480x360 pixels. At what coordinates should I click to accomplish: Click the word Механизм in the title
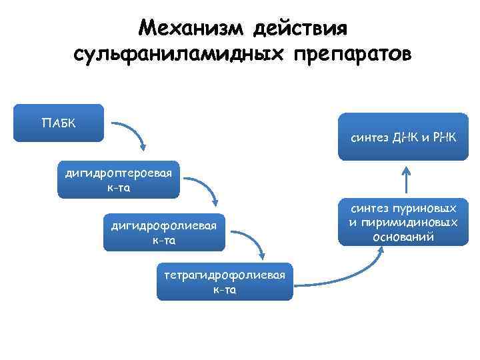point(189,29)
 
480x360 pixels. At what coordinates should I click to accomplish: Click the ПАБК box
point(59,123)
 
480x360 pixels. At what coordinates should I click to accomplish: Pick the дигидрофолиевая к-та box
point(164,232)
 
